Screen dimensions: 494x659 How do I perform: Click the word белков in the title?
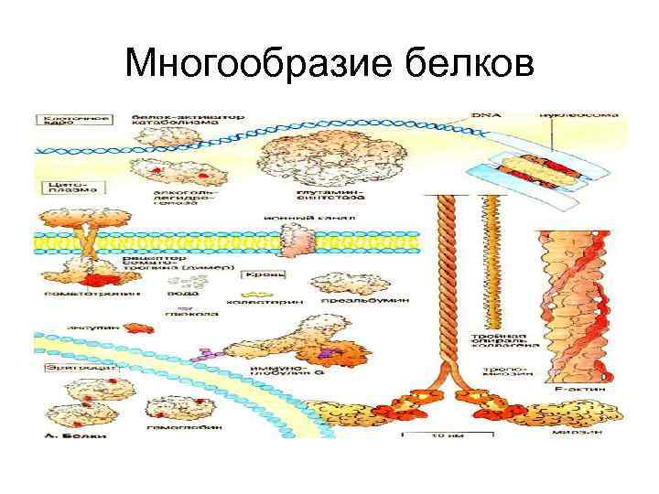pyautogui.click(x=467, y=64)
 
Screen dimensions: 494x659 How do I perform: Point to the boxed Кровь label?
pyautogui.click(x=264, y=274)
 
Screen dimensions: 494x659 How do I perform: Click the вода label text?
pyautogui.click(x=179, y=295)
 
